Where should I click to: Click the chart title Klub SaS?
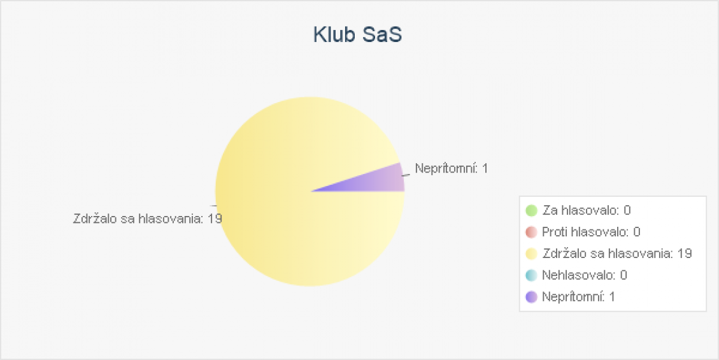tap(358, 35)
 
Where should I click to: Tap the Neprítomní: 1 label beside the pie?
tap(452, 168)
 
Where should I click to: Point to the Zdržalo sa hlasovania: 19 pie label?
tap(148, 219)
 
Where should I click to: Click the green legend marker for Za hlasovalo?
tap(531, 210)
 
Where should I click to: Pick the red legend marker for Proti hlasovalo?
tap(531, 232)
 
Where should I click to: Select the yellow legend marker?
tap(531, 254)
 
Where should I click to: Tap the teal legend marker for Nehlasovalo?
tap(531, 275)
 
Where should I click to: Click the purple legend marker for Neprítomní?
tap(531, 297)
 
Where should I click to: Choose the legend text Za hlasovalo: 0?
tap(587, 210)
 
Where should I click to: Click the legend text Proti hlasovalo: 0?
tap(591, 232)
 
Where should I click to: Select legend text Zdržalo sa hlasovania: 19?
tap(617, 254)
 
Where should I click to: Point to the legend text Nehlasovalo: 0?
tap(585, 275)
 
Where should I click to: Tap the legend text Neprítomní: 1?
tap(579, 297)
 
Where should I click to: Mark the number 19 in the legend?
tap(684, 254)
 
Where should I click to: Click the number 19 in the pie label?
tap(215, 219)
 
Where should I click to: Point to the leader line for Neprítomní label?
tap(406, 175)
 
